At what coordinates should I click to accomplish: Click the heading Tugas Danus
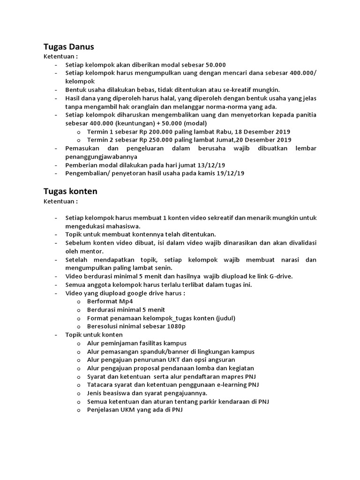coord(69,46)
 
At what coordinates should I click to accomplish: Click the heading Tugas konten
coord(70,191)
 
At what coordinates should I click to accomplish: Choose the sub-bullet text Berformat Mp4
coord(107,301)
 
